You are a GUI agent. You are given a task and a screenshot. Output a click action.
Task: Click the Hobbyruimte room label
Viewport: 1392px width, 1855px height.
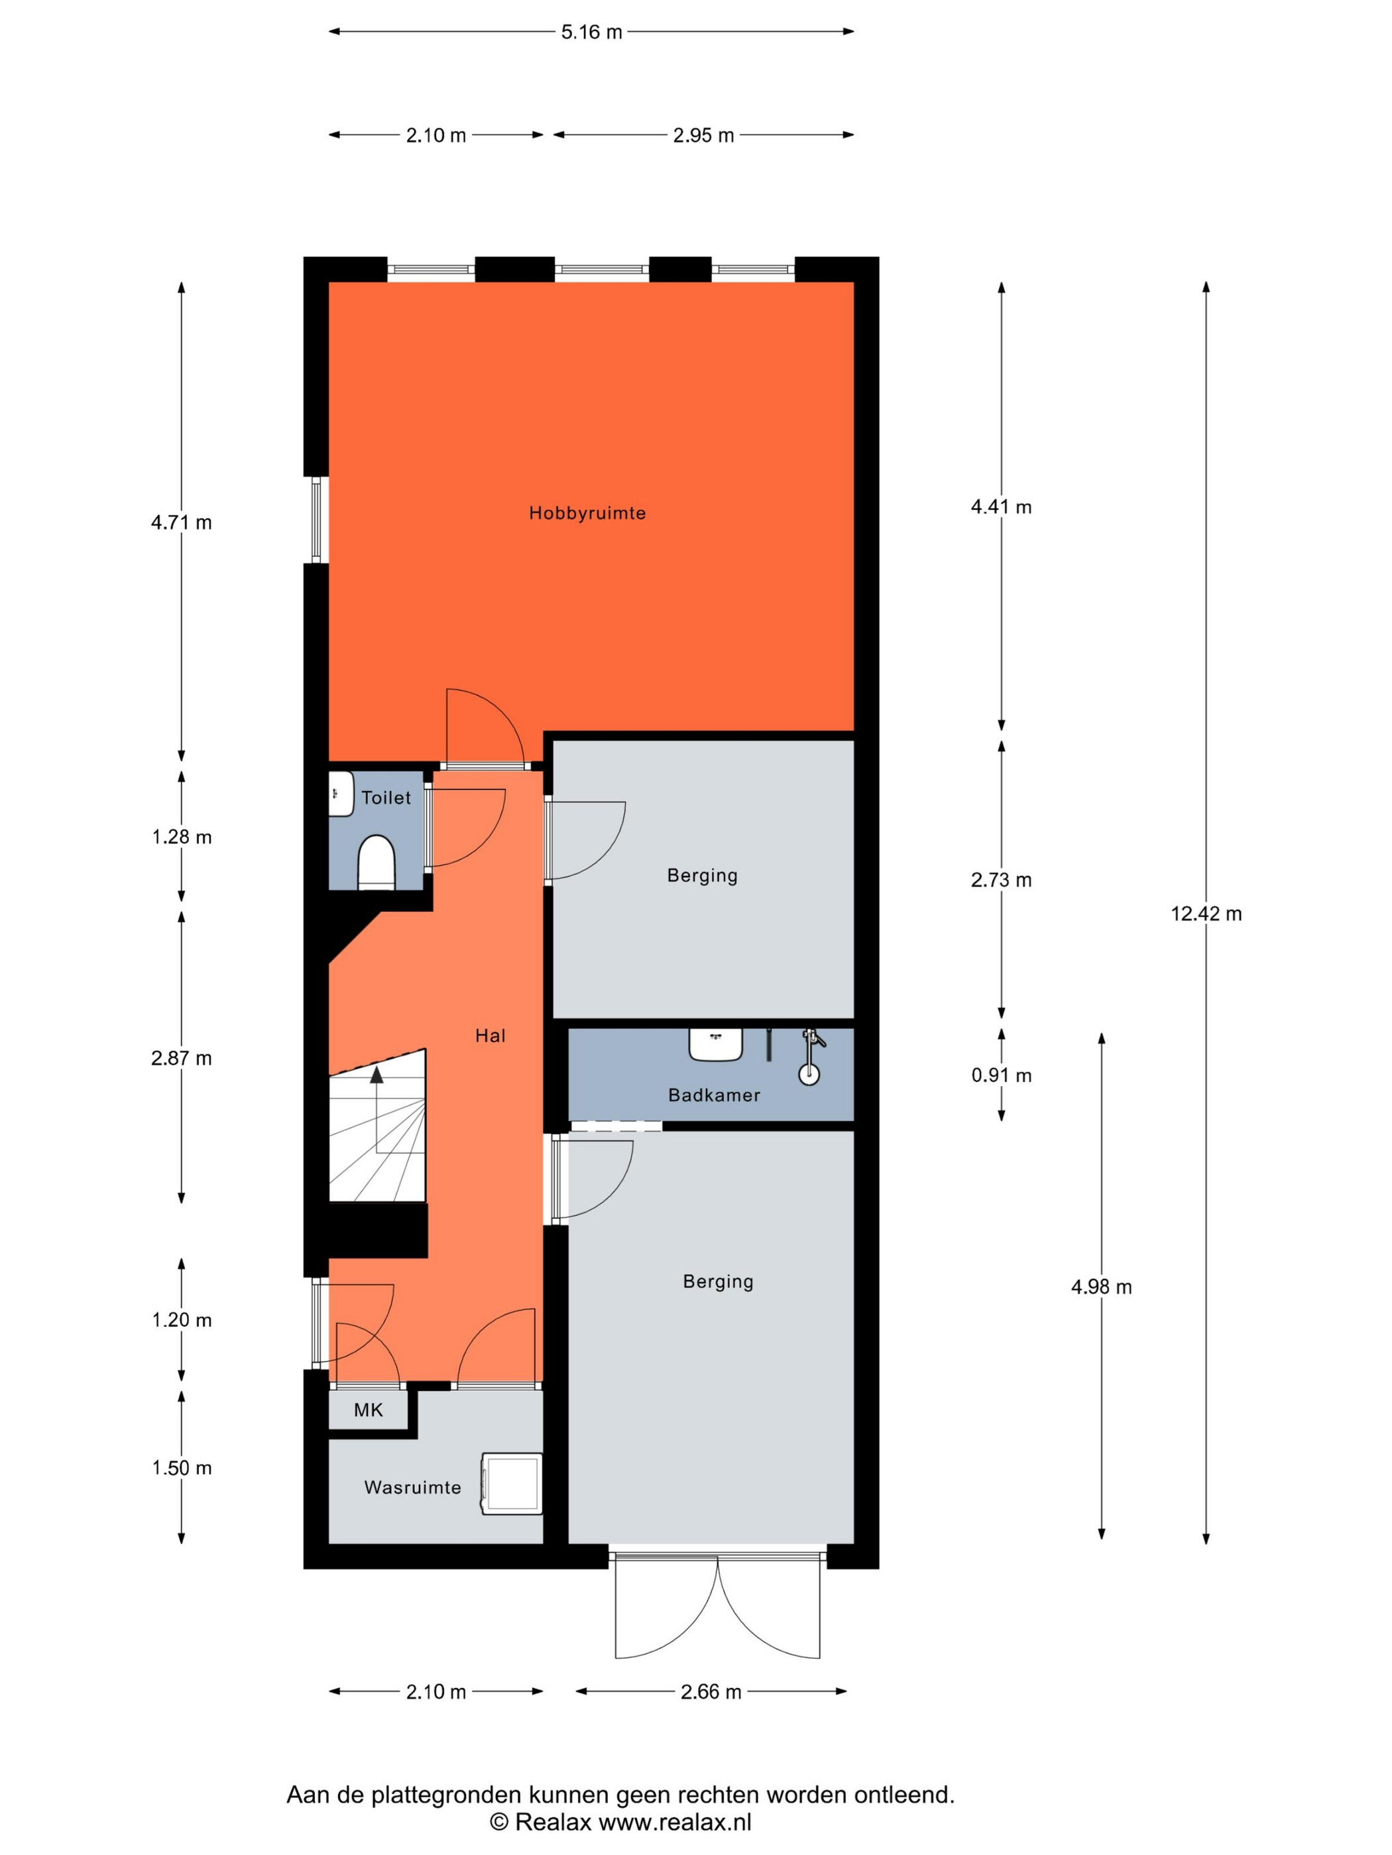[x=587, y=513]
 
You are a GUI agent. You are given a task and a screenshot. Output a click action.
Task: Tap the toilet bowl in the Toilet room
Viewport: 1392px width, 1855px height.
[x=377, y=861]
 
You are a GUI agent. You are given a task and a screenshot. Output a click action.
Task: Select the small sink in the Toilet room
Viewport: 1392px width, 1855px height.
[x=341, y=793]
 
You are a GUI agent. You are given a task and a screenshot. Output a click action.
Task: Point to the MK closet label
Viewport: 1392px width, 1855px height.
[x=369, y=1410]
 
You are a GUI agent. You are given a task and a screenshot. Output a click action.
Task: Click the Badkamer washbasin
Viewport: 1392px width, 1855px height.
[x=716, y=1044]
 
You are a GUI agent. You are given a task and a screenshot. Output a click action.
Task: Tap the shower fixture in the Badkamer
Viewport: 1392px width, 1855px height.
[x=811, y=1057]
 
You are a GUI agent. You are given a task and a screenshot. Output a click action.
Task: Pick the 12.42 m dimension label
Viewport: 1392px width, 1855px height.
[x=1206, y=914]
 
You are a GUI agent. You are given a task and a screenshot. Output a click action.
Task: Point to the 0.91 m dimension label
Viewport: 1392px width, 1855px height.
[x=1001, y=1075]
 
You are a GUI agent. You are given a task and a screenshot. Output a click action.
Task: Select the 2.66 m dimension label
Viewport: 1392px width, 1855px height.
[x=711, y=1691]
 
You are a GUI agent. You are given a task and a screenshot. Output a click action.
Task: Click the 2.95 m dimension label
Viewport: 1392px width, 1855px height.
[x=703, y=135]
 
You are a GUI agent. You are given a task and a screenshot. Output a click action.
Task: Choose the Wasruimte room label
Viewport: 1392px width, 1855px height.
[x=413, y=1488]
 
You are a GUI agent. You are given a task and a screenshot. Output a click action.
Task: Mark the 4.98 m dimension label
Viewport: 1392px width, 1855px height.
[x=1102, y=1287]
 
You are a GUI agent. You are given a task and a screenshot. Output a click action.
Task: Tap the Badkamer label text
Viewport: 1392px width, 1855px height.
[x=714, y=1095]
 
